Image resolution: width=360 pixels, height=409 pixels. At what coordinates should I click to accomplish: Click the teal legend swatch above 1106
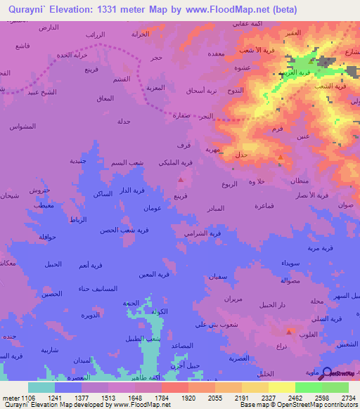pos(41,387)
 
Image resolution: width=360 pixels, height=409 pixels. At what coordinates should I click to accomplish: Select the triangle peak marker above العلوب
pos(288,331)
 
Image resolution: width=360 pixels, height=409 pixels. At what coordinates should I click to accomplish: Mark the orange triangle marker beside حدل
pos(281,157)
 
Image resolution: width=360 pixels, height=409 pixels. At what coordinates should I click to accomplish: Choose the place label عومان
pos(154,209)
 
